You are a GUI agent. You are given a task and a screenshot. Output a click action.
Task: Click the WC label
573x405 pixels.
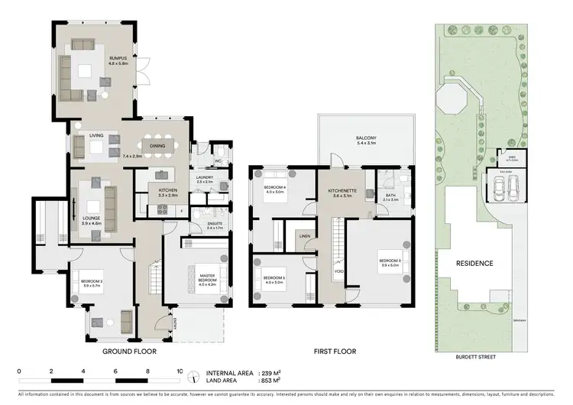[217, 161]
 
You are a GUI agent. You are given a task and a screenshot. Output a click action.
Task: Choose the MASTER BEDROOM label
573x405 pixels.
[207, 277]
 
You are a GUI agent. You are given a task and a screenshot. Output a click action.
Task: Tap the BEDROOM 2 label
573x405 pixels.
[92, 282]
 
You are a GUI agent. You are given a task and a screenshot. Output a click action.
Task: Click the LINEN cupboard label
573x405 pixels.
[304, 236]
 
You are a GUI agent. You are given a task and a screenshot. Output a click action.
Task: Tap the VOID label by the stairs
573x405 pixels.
[338, 271]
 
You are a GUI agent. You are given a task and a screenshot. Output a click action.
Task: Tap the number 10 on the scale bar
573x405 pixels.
[180, 371]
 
